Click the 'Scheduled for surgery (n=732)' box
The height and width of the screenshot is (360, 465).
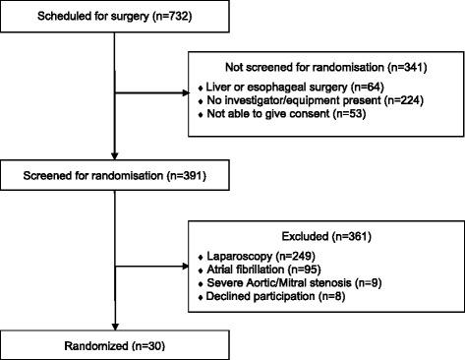point(115,18)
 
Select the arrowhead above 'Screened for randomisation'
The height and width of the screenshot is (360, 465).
point(115,160)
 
